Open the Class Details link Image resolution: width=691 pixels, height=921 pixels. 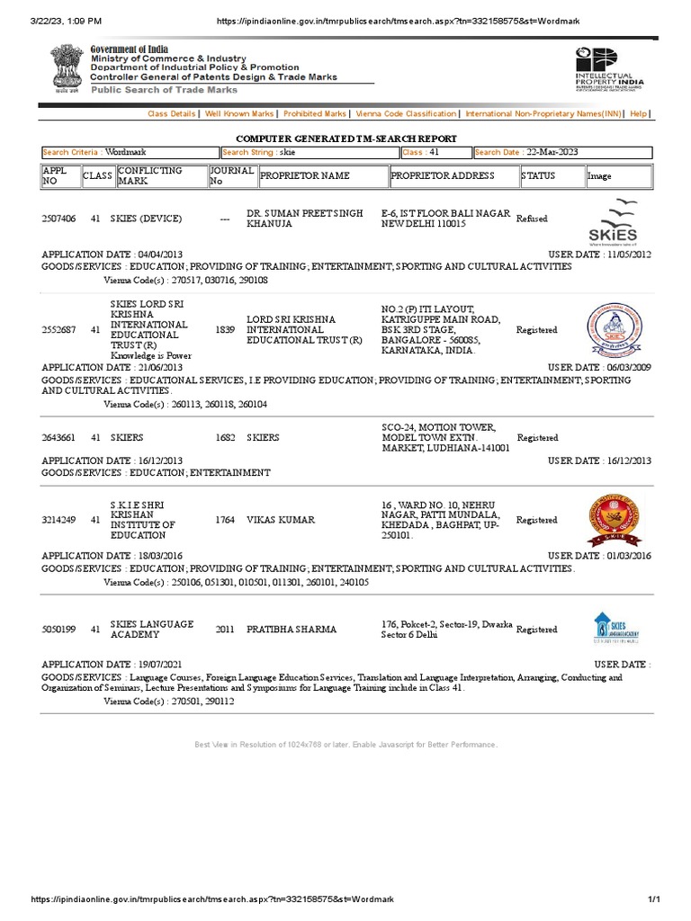(x=171, y=114)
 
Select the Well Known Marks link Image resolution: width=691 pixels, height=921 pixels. (x=239, y=114)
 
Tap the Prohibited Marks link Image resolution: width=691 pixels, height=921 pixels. (x=314, y=114)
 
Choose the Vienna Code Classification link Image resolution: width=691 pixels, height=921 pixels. (x=406, y=114)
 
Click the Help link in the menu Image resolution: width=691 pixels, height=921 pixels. (x=638, y=114)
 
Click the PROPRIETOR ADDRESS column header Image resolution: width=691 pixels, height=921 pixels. (x=443, y=176)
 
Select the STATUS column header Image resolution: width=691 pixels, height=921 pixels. (x=538, y=176)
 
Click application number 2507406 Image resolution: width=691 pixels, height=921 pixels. (x=59, y=219)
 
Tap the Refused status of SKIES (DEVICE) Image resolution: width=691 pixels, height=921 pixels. (x=532, y=219)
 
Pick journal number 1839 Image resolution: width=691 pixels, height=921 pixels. (x=225, y=330)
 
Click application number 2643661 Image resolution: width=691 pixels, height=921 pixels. (x=59, y=438)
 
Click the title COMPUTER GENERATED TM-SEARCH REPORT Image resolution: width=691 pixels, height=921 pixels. (x=345, y=139)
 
